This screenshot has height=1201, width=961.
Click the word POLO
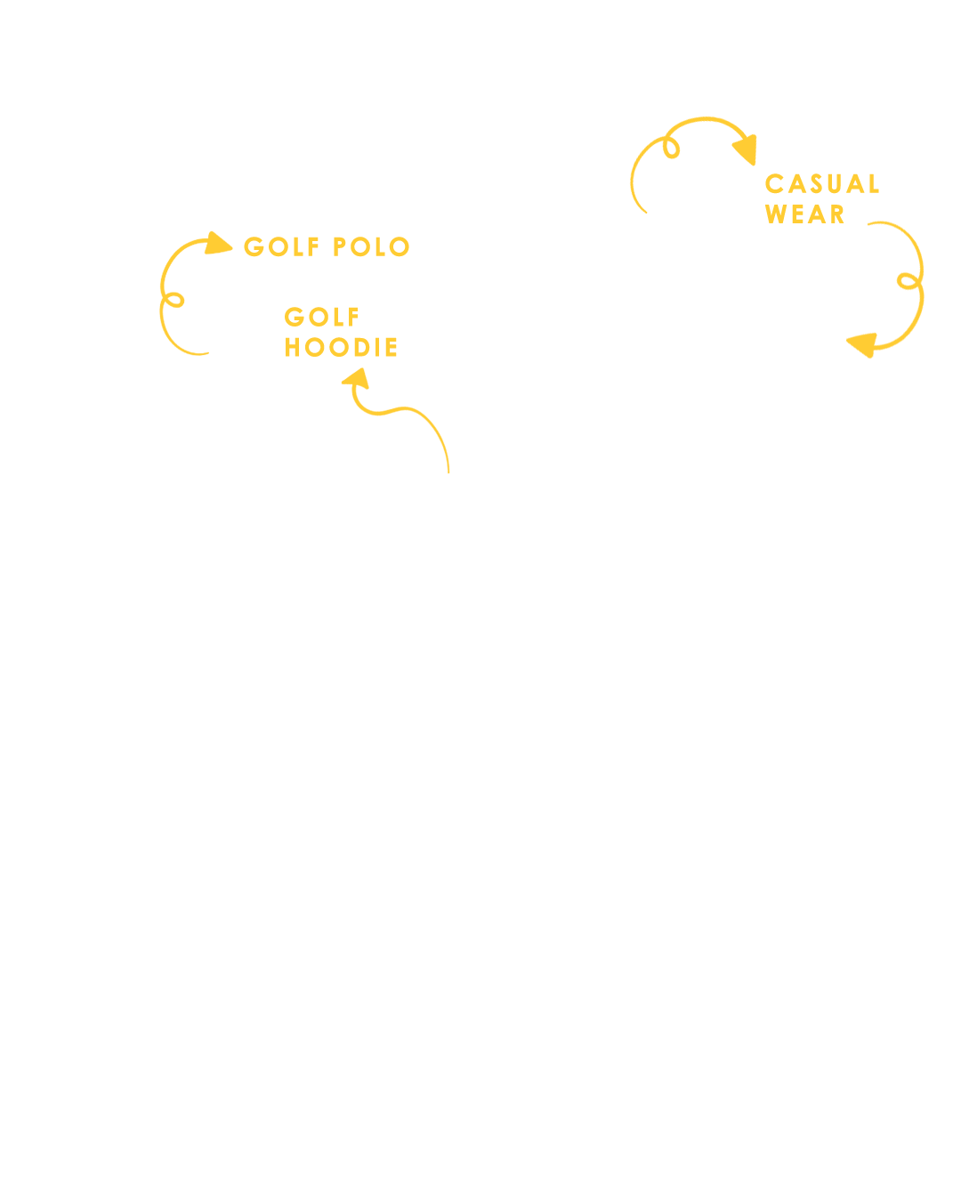point(371,246)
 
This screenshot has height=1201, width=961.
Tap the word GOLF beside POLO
point(281,246)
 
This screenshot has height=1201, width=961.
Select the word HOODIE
point(341,347)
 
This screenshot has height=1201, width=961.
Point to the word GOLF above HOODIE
point(321,317)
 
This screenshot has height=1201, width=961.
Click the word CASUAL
point(822,183)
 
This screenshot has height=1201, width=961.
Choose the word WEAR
point(804,214)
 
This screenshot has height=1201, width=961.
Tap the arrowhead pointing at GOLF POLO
point(218,244)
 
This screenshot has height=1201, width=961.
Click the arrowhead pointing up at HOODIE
point(356,378)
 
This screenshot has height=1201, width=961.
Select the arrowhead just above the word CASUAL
point(746,149)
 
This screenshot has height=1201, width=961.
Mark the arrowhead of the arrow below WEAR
point(861,345)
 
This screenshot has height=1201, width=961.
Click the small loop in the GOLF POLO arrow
point(174,300)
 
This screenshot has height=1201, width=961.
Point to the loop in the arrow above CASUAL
point(671,148)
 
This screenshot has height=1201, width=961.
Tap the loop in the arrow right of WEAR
point(908,281)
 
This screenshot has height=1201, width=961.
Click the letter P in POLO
point(339,246)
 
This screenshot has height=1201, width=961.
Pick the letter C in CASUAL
point(774,183)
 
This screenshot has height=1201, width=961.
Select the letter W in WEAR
point(776,214)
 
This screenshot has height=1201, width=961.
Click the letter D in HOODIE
point(362,347)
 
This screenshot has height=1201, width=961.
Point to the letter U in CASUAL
point(836,183)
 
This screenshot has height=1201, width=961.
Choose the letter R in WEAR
point(837,214)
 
